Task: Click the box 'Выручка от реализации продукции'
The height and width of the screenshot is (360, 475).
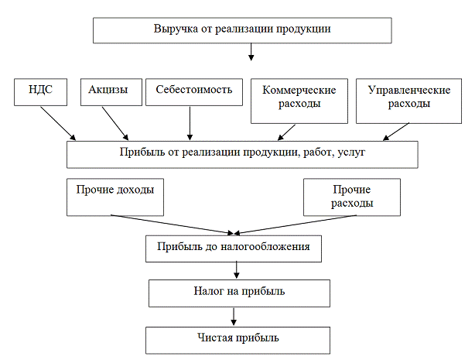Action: (x=242, y=29)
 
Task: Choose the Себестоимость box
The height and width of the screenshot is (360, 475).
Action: (x=193, y=91)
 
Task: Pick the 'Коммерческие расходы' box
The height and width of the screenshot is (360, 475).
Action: (x=299, y=98)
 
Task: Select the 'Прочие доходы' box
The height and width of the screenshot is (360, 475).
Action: (x=115, y=196)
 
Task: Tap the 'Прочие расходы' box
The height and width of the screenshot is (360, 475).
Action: (x=351, y=197)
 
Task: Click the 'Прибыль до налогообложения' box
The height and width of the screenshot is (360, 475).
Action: (x=233, y=248)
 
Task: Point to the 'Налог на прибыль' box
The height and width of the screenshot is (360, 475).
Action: (x=239, y=292)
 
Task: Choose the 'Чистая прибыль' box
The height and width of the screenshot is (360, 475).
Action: (x=237, y=338)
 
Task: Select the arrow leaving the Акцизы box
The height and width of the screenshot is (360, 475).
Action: (x=116, y=122)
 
